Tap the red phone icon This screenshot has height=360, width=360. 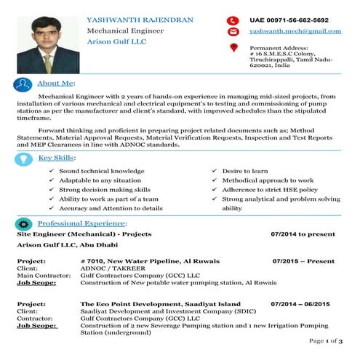[x=233, y=20]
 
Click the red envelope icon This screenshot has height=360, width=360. [x=233, y=33]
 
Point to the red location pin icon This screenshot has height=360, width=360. [x=233, y=48]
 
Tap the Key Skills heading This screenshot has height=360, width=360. [x=56, y=157]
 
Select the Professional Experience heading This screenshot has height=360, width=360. [x=82, y=223]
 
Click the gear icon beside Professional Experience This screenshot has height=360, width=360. [x=23, y=224]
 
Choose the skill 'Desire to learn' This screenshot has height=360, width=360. [x=250, y=171]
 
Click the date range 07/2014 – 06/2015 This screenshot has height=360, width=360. [x=300, y=303]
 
